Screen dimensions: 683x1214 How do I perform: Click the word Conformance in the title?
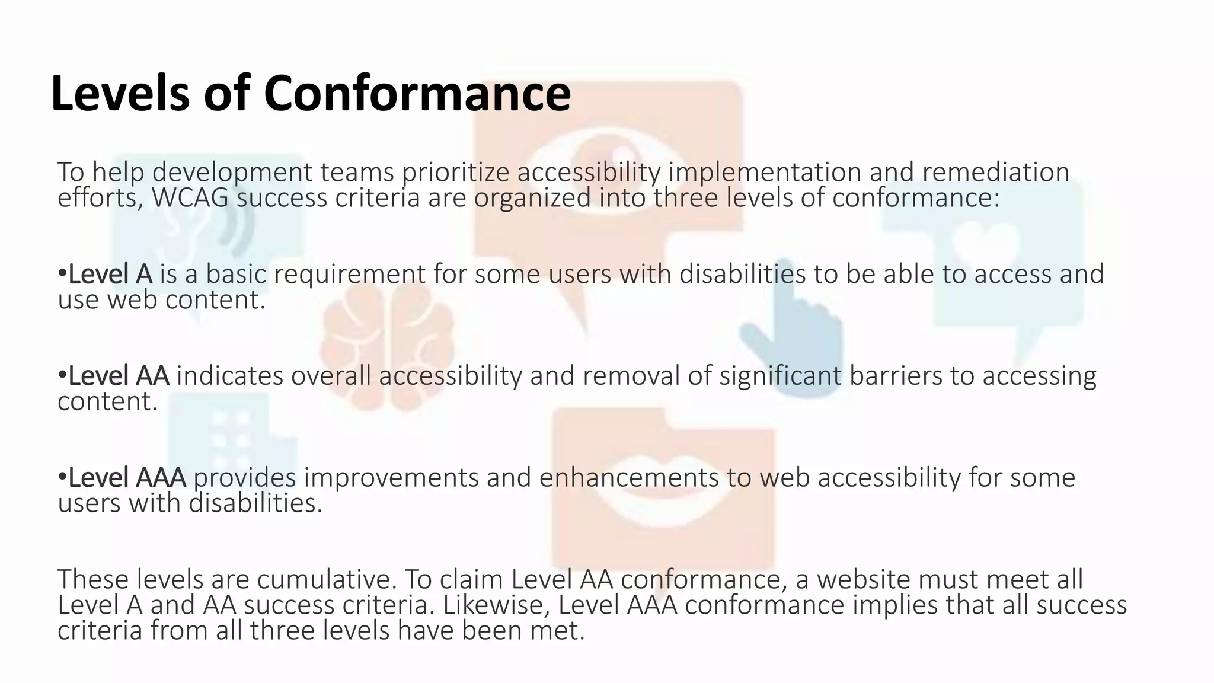tap(417, 94)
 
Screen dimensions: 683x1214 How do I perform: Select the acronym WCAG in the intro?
tap(190, 198)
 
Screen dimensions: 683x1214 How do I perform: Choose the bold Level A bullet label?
tap(110, 275)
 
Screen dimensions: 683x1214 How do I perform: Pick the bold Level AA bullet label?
tap(119, 376)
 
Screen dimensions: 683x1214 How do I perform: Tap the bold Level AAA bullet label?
tap(127, 478)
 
